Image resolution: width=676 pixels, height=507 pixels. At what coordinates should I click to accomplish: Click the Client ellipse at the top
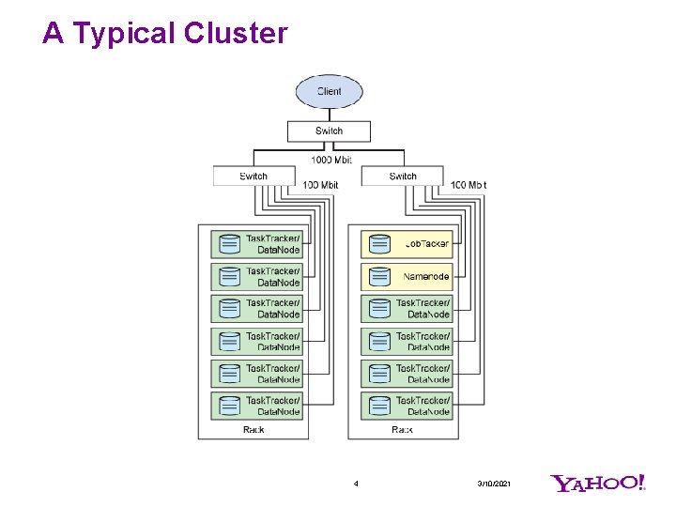329,91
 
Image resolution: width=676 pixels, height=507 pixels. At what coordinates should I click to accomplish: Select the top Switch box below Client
329,131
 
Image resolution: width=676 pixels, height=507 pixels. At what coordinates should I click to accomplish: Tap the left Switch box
253,176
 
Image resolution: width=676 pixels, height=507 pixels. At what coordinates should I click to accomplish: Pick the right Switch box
402,176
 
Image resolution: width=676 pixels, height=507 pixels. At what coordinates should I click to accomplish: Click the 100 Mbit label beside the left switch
320,185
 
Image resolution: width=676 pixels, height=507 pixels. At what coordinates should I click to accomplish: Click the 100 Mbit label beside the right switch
469,185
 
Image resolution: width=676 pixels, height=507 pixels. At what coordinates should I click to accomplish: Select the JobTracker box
407,244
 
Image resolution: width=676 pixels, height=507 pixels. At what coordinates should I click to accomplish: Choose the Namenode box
407,277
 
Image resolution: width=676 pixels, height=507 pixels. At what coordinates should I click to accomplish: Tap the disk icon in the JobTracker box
379,244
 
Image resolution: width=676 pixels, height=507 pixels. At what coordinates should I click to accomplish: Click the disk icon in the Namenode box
379,277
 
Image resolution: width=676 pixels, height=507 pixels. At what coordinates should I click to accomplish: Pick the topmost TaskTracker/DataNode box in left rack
257,244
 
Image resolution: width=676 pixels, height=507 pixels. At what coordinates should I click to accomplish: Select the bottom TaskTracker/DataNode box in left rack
257,406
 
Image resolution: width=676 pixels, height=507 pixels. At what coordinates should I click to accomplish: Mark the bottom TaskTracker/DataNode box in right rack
407,406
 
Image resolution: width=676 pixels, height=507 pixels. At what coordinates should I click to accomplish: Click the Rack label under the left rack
253,429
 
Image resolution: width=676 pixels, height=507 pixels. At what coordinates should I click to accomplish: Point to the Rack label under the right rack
402,429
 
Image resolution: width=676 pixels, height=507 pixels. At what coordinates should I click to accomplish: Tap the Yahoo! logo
598,484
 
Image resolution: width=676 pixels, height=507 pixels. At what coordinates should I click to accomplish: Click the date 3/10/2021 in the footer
494,484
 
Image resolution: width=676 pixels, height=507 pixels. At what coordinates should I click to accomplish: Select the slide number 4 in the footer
356,484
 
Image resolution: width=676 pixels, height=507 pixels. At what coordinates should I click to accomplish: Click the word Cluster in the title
236,34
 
